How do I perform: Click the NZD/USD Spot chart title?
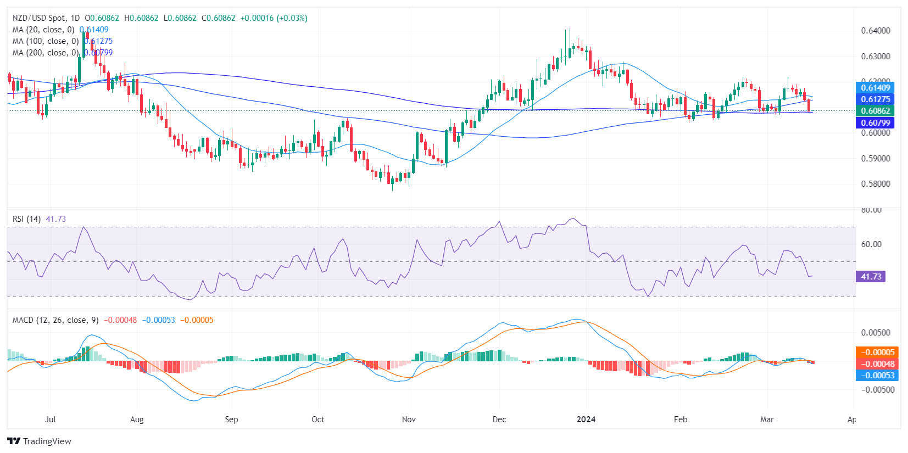click(46, 18)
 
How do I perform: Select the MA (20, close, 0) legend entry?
click(43, 30)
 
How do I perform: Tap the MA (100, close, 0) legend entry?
click(46, 41)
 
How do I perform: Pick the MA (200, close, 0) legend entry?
click(46, 53)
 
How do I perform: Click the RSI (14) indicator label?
click(26, 219)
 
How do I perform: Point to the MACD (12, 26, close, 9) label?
click(55, 320)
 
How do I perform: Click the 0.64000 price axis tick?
click(875, 31)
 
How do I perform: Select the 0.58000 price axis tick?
click(875, 184)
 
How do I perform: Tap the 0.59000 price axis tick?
click(875, 159)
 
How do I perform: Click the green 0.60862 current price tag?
click(875, 111)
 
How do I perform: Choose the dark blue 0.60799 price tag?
click(875, 123)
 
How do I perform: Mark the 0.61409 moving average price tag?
click(875, 88)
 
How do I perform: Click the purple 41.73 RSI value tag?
click(871, 277)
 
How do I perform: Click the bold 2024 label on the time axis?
click(586, 420)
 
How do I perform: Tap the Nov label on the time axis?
click(409, 420)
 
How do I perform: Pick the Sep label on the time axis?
click(231, 420)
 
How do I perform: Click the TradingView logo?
click(40, 441)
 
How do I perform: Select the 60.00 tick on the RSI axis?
click(871, 244)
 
